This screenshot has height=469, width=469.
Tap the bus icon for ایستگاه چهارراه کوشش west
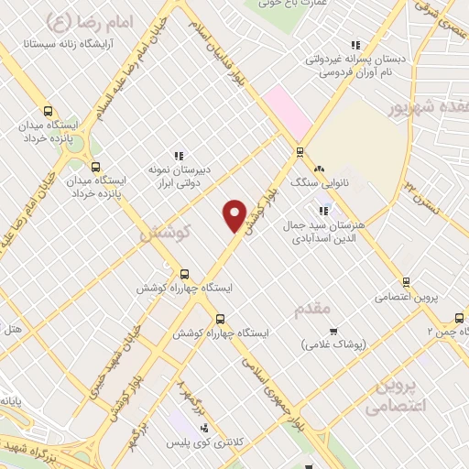[x=185, y=273]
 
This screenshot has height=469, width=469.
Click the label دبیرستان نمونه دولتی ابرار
[x=180, y=176]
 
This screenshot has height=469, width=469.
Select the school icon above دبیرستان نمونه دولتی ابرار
[x=180, y=156]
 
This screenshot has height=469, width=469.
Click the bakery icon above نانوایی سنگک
[x=319, y=169]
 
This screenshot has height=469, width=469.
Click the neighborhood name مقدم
[x=311, y=309]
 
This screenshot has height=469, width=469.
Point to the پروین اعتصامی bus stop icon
[x=406, y=282]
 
